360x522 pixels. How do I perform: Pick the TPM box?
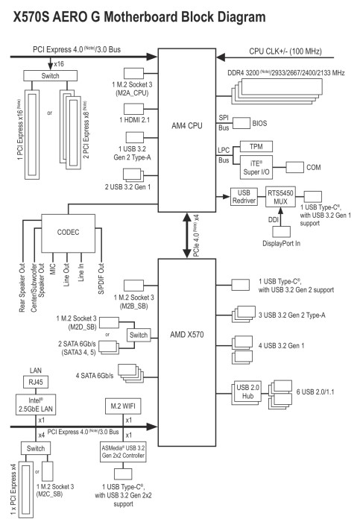[x=256, y=146]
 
